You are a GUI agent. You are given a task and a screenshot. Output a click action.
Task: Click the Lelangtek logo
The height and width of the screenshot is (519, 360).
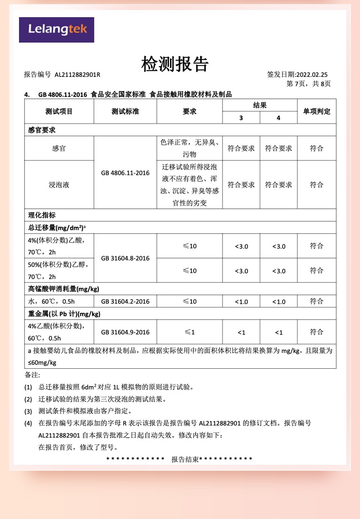(57, 30)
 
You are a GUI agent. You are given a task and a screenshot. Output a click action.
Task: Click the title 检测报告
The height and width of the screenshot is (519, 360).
(175, 64)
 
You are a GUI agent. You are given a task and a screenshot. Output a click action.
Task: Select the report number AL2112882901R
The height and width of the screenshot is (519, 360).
(77, 75)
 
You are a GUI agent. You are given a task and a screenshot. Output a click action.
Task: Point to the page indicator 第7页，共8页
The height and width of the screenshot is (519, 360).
(308, 84)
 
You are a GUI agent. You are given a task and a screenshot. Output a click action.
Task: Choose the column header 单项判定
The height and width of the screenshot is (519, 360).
(316, 112)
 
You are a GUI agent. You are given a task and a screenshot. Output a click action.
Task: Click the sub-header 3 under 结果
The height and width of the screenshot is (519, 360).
(241, 118)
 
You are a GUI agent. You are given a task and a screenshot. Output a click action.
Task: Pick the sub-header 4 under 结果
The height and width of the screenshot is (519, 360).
(278, 118)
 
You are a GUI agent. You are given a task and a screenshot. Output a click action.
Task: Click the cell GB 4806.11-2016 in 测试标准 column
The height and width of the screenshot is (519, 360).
(125, 173)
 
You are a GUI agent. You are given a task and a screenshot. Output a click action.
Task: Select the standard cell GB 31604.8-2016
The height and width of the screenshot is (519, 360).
(125, 258)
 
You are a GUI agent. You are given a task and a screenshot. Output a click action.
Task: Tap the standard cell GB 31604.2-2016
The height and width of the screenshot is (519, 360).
(125, 301)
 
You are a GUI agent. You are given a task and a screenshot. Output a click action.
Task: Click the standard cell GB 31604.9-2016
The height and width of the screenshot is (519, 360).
(125, 332)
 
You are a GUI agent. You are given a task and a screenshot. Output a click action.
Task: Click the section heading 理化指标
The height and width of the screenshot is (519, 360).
(42, 215)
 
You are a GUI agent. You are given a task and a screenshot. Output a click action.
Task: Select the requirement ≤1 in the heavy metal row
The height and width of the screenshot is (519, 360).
(190, 332)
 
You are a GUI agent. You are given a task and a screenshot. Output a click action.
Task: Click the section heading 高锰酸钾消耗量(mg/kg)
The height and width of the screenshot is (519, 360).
(64, 289)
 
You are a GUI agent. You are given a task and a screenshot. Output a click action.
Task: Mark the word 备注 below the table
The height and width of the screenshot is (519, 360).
(32, 375)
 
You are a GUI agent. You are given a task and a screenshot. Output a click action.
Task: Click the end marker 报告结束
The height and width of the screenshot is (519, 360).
(185, 459)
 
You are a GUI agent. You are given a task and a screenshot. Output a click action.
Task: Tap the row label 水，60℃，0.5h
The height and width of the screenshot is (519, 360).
(51, 301)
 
